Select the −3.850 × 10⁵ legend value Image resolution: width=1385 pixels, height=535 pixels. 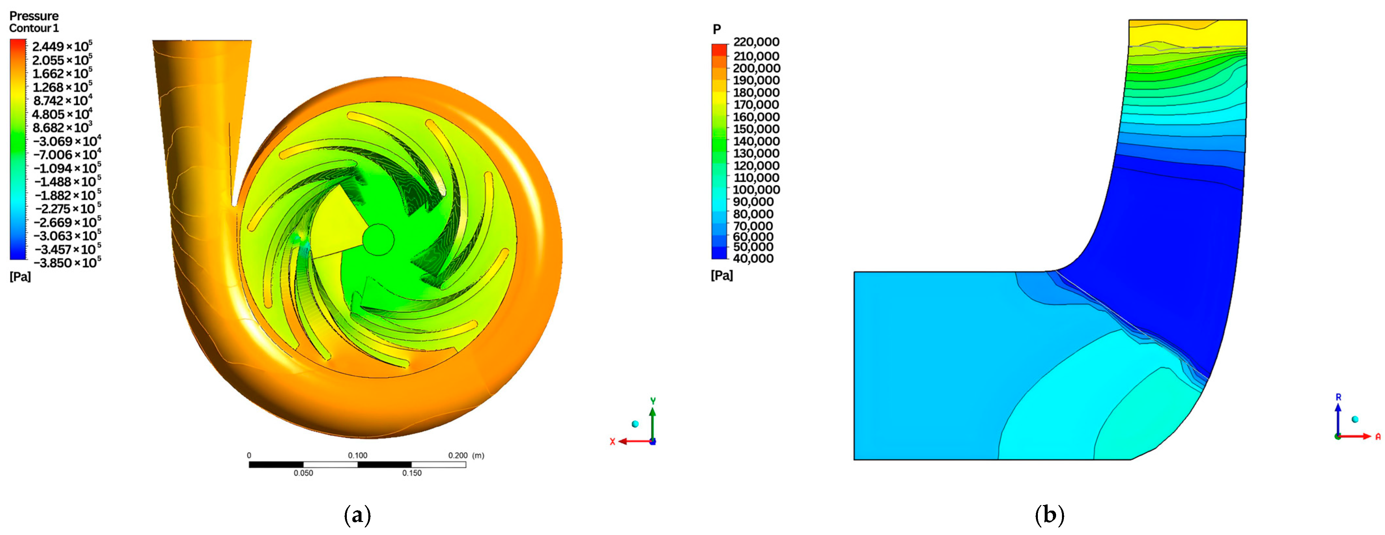click(x=67, y=262)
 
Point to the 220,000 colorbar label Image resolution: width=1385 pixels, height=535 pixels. click(x=756, y=42)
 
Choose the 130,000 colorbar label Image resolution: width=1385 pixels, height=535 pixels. click(x=756, y=153)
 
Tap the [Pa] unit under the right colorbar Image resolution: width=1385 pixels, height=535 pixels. click(x=722, y=275)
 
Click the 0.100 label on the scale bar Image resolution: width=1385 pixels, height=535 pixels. click(x=358, y=456)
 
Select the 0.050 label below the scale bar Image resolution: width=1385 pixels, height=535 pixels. click(x=303, y=473)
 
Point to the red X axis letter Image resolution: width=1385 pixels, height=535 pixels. click(x=612, y=442)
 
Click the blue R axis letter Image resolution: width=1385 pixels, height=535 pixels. click(x=1338, y=397)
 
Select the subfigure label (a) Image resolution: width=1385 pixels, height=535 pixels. click(x=357, y=515)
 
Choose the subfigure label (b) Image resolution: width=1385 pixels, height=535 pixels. click(x=1049, y=515)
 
